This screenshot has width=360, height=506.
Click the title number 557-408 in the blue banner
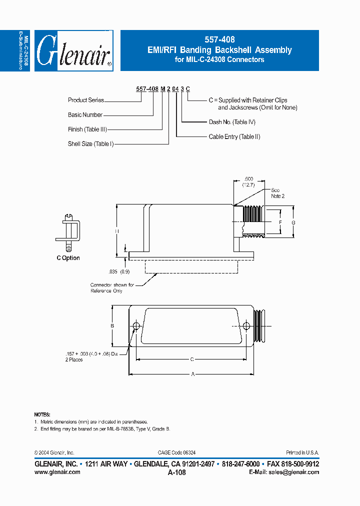219,39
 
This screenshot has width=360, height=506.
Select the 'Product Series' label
86,100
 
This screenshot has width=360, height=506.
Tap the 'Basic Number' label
85,114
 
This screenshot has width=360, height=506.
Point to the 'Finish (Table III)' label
87,129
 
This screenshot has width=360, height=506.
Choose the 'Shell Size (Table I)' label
91,144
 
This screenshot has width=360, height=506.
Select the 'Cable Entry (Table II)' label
234,136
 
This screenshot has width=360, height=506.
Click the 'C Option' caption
68,258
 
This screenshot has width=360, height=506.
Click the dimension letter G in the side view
293,221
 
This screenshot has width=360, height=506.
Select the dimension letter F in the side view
280,221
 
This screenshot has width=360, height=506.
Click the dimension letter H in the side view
116,231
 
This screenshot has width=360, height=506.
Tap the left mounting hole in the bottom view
136,326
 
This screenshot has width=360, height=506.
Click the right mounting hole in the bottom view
246,326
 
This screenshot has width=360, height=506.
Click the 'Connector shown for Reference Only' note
112,288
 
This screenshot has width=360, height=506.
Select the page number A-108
177,472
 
